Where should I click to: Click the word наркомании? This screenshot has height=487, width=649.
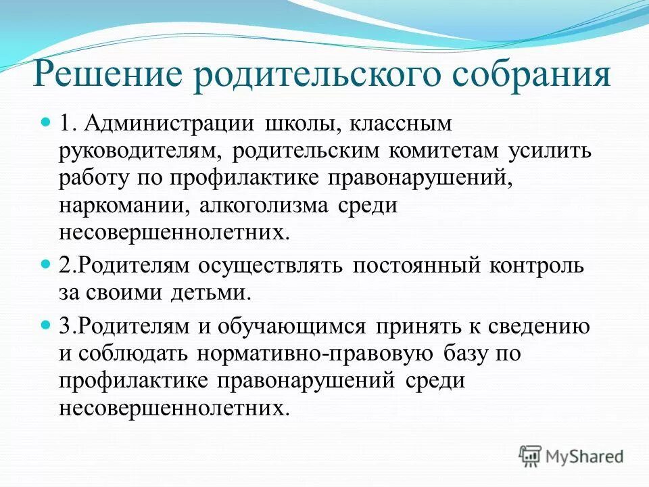coord(116,206)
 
